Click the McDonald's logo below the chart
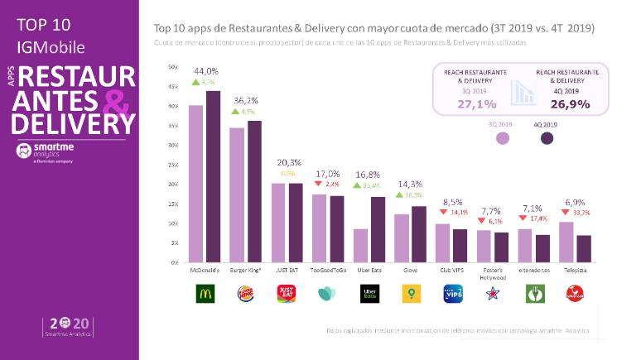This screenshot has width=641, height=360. [x=205, y=293]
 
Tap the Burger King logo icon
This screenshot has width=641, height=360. [x=246, y=293]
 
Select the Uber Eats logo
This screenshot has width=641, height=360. [x=369, y=293]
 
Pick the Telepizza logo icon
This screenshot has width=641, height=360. [x=576, y=293]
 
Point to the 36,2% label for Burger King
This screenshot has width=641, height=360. [x=246, y=99]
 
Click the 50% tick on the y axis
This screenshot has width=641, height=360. [x=172, y=67]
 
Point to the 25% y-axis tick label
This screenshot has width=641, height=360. [x=172, y=165]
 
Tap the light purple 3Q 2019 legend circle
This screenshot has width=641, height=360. [x=502, y=138]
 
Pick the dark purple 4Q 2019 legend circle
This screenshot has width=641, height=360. [x=547, y=138]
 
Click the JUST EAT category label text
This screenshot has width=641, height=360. [x=287, y=270]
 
